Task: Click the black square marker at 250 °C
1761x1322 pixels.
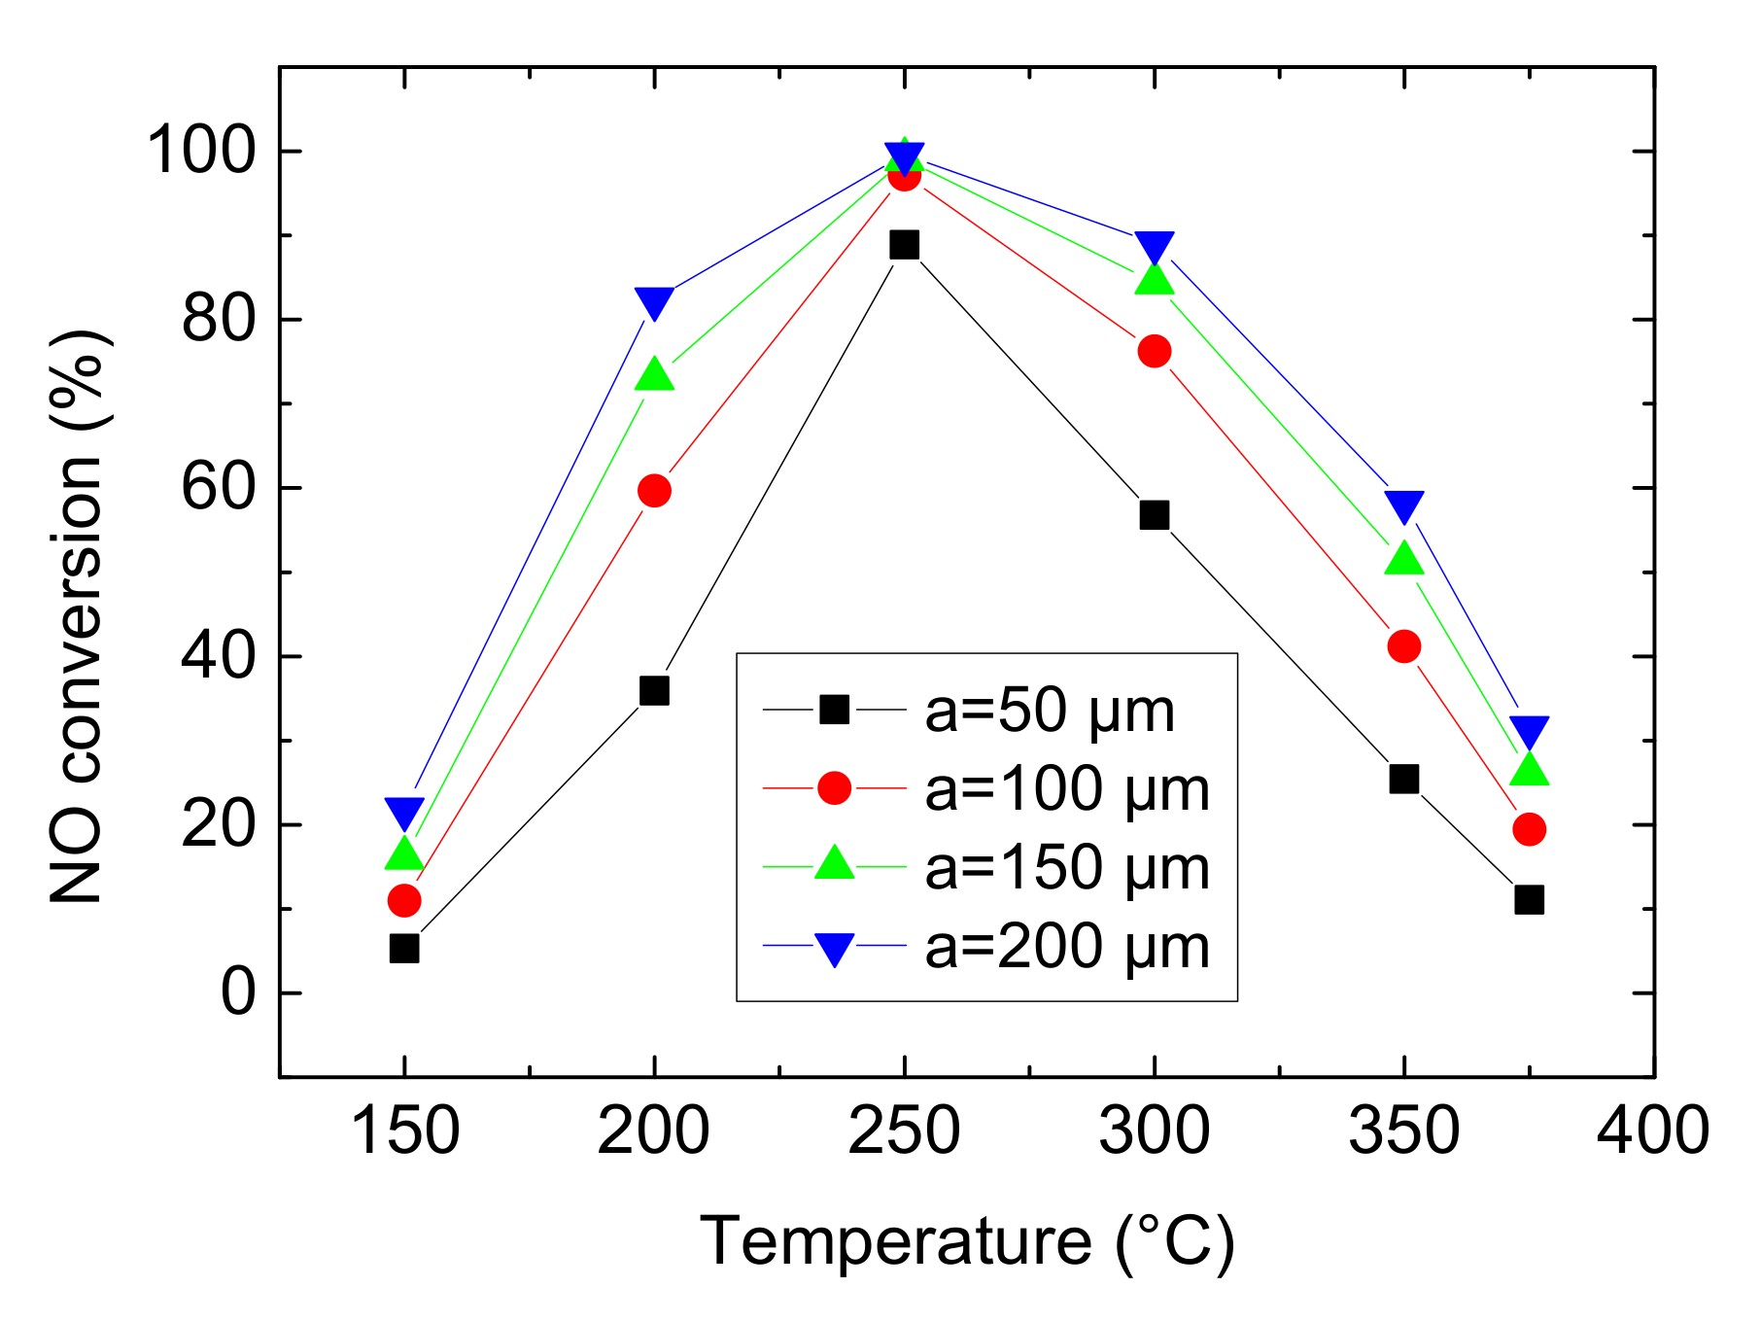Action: pyautogui.click(x=904, y=245)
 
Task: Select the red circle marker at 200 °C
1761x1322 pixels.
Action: pyautogui.click(x=654, y=491)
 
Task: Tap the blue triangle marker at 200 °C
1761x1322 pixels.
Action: pyautogui.click(x=654, y=302)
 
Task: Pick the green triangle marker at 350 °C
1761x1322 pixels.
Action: pyautogui.click(x=1404, y=560)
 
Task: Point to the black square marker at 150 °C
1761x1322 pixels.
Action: pyautogui.click(x=404, y=948)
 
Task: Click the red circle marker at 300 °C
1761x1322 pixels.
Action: pyautogui.click(x=1155, y=351)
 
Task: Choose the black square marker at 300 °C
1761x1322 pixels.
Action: pyautogui.click(x=1155, y=515)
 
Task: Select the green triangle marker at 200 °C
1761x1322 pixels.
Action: pyautogui.click(x=654, y=375)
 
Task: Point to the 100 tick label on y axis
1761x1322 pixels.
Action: pyautogui.click(x=201, y=152)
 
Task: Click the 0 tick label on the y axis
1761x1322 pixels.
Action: pyautogui.click(x=238, y=993)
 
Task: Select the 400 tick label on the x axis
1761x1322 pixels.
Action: pyautogui.click(x=1653, y=1132)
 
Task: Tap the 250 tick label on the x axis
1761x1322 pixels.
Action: pyautogui.click(x=904, y=1132)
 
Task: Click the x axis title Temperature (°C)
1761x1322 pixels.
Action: pyautogui.click(x=967, y=1241)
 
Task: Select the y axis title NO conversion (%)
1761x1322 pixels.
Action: pyautogui.click(x=78, y=617)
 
